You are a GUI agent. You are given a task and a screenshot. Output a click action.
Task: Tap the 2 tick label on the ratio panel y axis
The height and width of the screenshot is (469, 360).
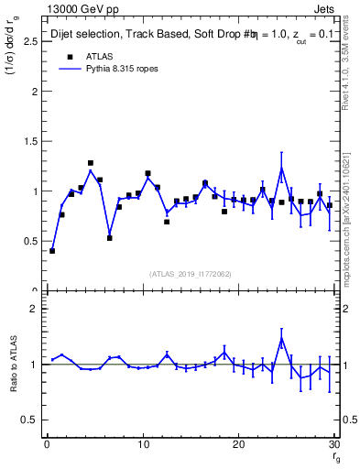click(x=34, y=309)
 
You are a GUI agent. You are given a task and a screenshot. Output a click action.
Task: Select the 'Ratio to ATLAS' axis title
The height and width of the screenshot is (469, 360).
click(x=14, y=364)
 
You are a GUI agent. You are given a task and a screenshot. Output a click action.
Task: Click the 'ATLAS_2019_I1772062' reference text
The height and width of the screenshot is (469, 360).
click(x=190, y=273)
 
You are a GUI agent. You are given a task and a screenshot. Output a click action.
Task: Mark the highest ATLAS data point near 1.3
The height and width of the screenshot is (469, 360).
click(x=91, y=163)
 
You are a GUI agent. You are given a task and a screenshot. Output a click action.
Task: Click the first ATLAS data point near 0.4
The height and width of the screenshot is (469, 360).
click(x=52, y=251)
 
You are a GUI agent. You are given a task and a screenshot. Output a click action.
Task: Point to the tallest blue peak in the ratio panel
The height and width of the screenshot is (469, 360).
click(x=281, y=338)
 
